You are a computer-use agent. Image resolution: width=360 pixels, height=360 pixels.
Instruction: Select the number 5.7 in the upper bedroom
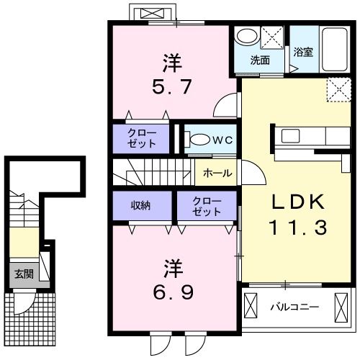(171, 89)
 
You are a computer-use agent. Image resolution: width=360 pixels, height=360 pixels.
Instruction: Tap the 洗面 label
(260, 60)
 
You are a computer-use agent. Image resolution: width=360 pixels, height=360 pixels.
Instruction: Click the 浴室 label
(303, 51)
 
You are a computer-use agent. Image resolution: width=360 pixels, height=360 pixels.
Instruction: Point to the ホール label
(217, 173)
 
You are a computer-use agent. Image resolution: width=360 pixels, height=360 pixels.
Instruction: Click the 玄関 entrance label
(23, 274)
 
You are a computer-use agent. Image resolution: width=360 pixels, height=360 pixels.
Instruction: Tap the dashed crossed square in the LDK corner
(336, 90)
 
